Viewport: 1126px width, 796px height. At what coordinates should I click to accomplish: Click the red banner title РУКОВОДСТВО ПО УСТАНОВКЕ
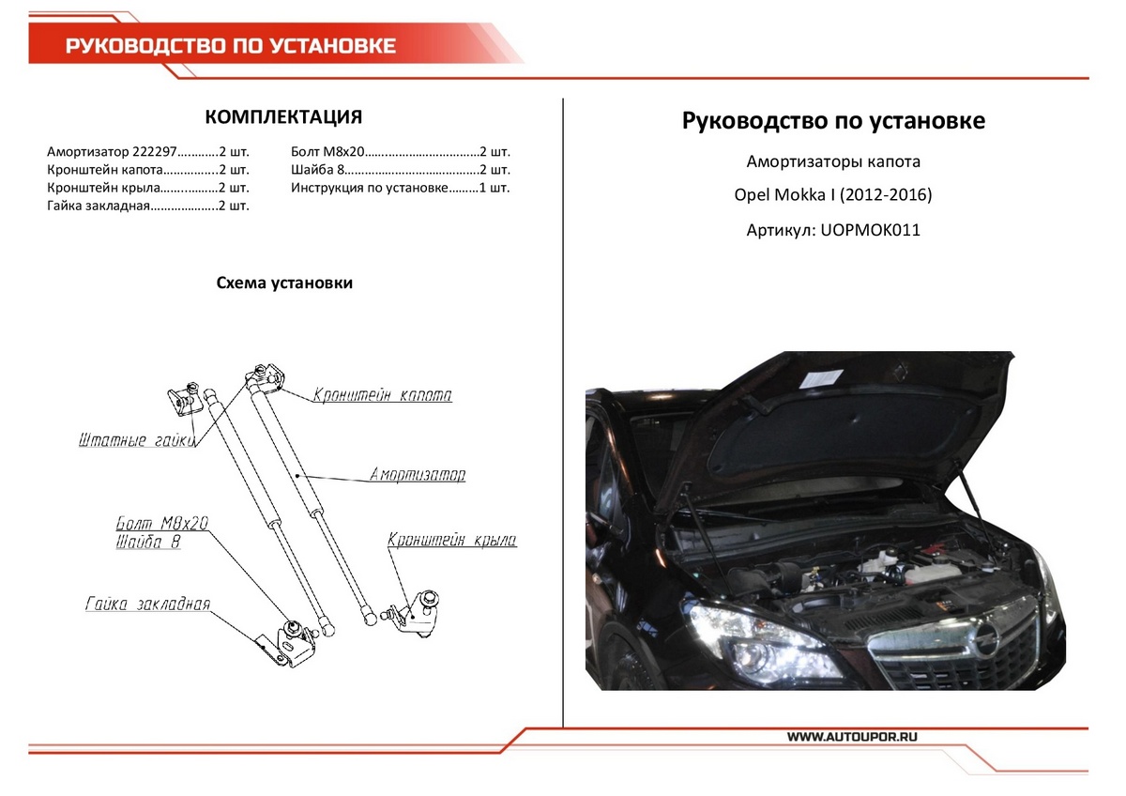pos(230,46)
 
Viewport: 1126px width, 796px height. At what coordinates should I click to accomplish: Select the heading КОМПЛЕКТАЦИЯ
pos(283,117)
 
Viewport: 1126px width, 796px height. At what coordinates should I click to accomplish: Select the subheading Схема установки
pos(284,283)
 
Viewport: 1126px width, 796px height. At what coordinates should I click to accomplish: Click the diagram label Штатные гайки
pos(136,440)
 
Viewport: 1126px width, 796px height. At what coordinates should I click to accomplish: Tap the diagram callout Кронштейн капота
pos(382,395)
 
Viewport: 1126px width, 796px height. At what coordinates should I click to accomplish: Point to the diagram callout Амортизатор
pos(417,475)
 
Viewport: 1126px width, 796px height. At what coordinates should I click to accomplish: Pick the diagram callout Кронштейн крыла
pos(451,541)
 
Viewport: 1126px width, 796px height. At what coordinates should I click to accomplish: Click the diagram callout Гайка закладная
pos(147,604)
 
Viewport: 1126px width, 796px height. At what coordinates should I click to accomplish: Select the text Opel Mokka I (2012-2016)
pos(833,195)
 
